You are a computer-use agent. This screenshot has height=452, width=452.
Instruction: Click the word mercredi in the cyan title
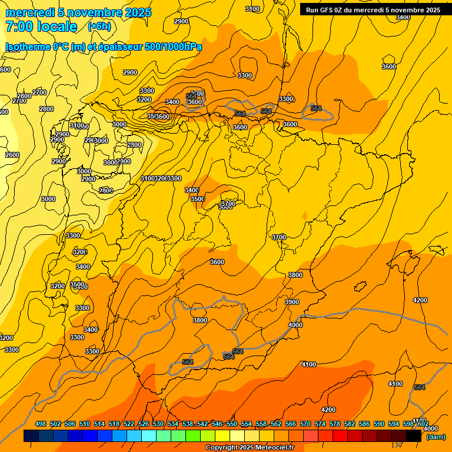pos(30,12)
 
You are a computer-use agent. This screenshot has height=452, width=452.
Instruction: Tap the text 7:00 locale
pos(41,26)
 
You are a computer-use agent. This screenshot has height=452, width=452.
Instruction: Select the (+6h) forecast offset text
pos(99,26)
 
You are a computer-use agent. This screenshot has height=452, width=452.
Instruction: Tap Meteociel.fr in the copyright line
pos(271,448)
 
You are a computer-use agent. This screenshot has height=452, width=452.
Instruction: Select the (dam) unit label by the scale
pos(436,436)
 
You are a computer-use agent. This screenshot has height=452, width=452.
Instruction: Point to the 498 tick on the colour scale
pos(41,424)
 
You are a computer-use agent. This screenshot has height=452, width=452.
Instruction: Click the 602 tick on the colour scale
pos(423,424)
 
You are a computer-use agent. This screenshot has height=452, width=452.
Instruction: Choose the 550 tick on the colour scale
pos(232,424)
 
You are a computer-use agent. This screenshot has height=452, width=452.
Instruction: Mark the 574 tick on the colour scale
pos(320,424)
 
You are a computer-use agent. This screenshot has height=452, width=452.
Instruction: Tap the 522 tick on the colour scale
pos(129,424)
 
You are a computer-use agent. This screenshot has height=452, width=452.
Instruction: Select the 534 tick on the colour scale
pos(173,424)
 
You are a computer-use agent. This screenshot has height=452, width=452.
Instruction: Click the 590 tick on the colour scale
pos(379,424)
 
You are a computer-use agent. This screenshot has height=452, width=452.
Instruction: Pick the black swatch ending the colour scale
pos(414,436)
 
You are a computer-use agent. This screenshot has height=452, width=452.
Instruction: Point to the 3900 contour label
pos(292,302)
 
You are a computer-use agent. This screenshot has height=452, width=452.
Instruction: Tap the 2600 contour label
pos(12,155)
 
